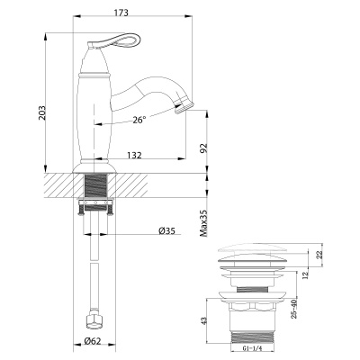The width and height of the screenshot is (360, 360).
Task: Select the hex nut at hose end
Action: [x=93, y=319]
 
